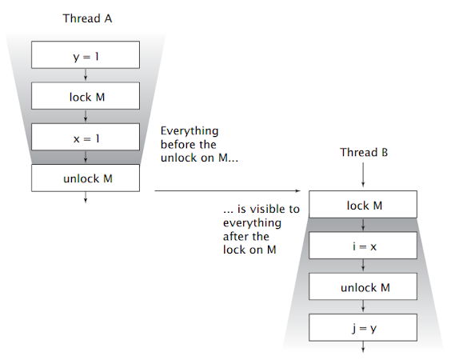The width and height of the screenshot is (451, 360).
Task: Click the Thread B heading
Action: pos(364,152)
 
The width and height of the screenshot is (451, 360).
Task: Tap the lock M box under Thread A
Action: pos(86,96)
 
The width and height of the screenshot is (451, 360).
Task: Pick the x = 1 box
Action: pos(86,137)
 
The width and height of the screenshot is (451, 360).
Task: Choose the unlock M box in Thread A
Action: pos(86,178)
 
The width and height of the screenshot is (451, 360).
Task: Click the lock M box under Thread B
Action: pos(364,206)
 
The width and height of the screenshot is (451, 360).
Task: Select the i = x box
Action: pos(364,246)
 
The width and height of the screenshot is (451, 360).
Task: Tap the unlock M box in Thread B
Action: pos(364,286)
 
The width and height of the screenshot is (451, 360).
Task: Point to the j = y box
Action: pos(364,326)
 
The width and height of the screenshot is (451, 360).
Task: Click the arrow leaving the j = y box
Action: pos(364,346)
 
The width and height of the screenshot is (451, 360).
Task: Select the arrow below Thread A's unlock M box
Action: pos(86,199)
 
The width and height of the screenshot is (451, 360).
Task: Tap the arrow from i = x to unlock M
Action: pos(364,266)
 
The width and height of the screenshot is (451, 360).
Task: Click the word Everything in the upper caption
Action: pos(190,130)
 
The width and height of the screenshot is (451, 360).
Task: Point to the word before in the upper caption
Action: pos(178,145)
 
